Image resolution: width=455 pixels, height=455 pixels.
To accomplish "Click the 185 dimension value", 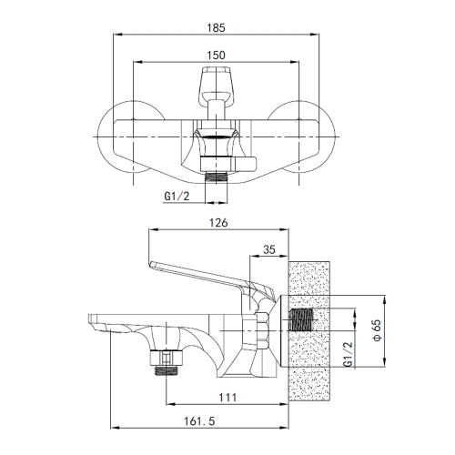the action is [x=216, y=28].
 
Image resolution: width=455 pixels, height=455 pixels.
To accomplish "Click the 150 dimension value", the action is [x=216, y=56].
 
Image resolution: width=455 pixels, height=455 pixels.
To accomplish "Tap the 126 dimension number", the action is [x=218, y=223].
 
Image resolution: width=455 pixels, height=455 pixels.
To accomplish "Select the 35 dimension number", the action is [x=269, y=249].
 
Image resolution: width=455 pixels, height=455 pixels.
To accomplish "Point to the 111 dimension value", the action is [x=227, y=398].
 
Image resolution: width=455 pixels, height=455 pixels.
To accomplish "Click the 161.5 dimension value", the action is [x=199, y=421].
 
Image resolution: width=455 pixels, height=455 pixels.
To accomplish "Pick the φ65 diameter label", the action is [x=377, y=330].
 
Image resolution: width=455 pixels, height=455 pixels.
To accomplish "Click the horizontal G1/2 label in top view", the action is [x=177, y=197].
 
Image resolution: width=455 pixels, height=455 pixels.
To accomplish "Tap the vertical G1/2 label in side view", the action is [x=349, y=355].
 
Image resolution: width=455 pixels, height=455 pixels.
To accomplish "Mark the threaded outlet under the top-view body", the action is [x=216, y=177].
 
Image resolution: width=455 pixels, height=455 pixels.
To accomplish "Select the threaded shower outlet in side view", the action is [x=167, y=370].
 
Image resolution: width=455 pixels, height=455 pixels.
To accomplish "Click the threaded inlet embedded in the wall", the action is [x=301, y=319].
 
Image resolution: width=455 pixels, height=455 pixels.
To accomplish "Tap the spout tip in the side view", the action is [x=90, y=318].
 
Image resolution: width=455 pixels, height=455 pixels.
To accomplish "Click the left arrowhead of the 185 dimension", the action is [x=116, y=35].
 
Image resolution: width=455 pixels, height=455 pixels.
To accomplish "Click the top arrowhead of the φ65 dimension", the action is [x=384, y=299].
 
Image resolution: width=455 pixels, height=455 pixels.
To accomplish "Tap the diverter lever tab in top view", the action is [x=245, y=164].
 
